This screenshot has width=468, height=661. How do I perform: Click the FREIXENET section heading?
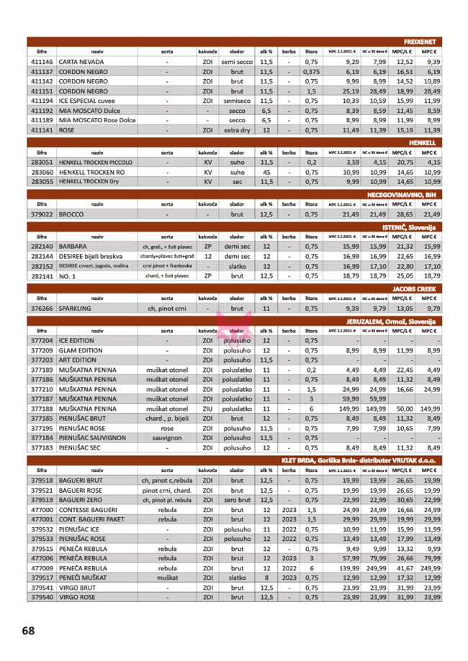423,42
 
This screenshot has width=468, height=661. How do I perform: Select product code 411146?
42,63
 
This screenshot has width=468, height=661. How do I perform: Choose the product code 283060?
42,173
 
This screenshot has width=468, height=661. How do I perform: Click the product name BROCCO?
73,214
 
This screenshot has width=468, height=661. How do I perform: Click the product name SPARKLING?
78,308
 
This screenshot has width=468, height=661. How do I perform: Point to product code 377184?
42,437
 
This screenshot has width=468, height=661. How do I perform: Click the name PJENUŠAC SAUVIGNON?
92,437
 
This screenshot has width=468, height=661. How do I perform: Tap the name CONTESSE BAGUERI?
91,509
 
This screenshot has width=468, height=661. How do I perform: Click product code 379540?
42,596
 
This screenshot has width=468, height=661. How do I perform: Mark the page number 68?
28,631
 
